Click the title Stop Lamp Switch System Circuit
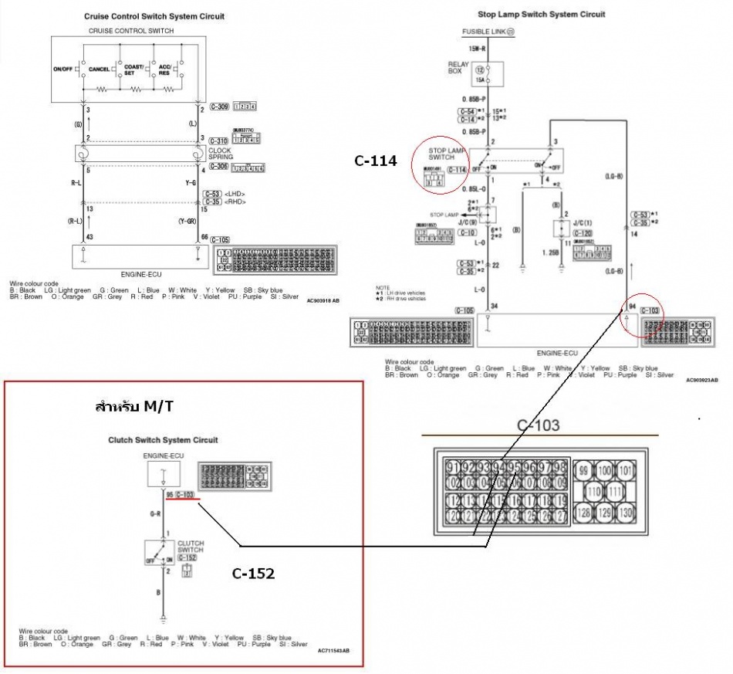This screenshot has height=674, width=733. point(541,14)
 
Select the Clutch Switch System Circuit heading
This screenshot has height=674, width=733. point(162,440)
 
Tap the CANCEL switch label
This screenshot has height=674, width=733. point(99,69)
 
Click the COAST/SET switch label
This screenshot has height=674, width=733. point(134,69)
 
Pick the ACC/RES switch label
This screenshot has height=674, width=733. point(164,69)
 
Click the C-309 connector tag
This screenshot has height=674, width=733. point(220,106)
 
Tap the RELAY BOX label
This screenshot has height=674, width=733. point(456,67)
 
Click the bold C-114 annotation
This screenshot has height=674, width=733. point(375,161)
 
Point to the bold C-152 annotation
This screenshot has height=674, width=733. point(254,574)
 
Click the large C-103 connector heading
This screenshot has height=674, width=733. point(539,425)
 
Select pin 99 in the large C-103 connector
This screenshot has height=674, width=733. point(583,470)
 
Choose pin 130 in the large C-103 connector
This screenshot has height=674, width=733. point(626,513)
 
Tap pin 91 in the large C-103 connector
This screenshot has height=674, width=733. point(454,468)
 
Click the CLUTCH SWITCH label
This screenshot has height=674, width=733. point(191,547)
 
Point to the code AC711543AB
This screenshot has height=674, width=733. point(333,651)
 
